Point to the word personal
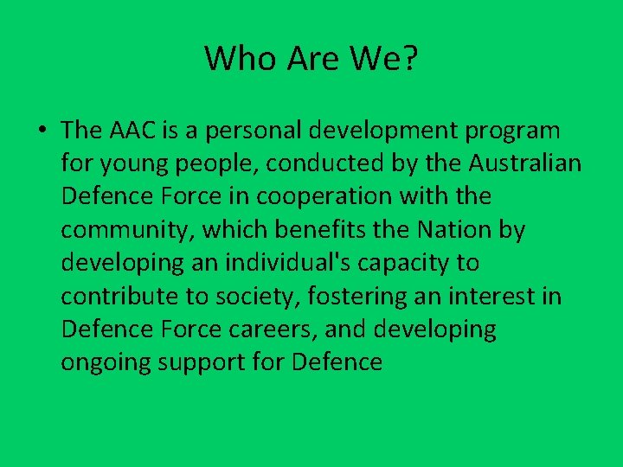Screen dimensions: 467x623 tap(252, 131)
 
